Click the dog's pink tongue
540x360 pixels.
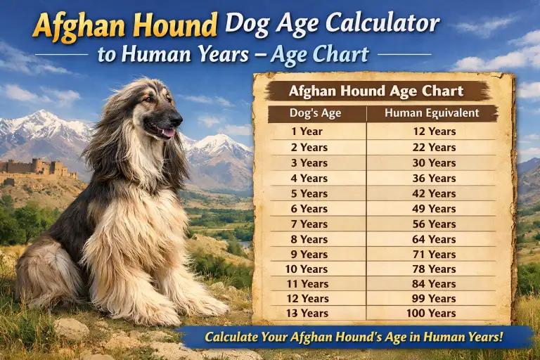point(167,131)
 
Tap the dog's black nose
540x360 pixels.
point(178,115)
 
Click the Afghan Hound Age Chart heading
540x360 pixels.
point(375,91)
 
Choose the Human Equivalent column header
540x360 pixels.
point(432,112)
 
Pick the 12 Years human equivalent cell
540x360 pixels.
point(434,131)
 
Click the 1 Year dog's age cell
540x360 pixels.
point(308,131)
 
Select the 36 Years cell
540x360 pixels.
point(434,178)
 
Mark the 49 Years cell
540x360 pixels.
point(434,209)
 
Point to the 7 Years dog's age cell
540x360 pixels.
point(309,224)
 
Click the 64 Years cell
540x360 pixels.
point(434,239)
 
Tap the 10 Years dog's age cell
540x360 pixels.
point(307,269)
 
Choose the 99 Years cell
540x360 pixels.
point(434,299)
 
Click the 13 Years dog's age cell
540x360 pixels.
point(307,314)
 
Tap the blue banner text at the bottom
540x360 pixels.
point(354,337)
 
